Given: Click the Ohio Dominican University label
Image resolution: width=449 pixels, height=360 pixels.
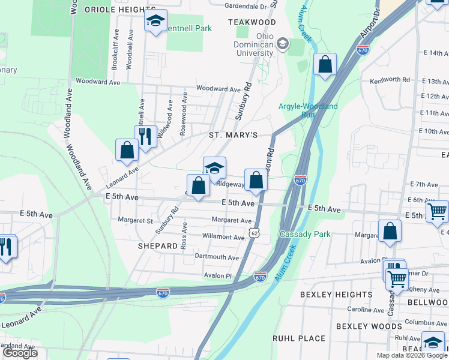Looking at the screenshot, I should click(256, 44).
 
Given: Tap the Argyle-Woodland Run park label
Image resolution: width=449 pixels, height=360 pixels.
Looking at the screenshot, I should click(308, 110).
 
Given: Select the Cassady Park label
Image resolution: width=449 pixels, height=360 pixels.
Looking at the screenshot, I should click(305, 234).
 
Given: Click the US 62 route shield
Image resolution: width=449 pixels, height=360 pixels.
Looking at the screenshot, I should click(256, 232).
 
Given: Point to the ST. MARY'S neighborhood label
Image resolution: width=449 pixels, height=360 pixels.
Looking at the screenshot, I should click(233, 136).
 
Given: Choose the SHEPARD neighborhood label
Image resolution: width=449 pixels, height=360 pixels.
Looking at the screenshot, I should click(158, 246).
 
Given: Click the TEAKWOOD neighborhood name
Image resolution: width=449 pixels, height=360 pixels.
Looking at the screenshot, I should click(252, 22).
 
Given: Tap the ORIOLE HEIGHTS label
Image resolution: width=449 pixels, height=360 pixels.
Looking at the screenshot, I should click(120, 10).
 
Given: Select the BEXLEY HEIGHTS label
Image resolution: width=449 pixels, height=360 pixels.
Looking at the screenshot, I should click(336, 295).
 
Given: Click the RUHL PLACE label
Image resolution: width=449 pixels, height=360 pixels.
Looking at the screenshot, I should click(298, 338).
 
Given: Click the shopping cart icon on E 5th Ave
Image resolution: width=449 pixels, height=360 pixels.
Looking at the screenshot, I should click(437, 211).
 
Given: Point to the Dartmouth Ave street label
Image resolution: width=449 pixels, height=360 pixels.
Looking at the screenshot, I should click(217, 257).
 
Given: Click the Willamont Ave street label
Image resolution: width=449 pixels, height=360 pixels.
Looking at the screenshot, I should click(224, 237).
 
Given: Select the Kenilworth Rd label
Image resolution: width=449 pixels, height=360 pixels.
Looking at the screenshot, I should click(390, 79).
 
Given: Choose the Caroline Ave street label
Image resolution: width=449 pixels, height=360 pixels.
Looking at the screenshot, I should click(366, 310).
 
